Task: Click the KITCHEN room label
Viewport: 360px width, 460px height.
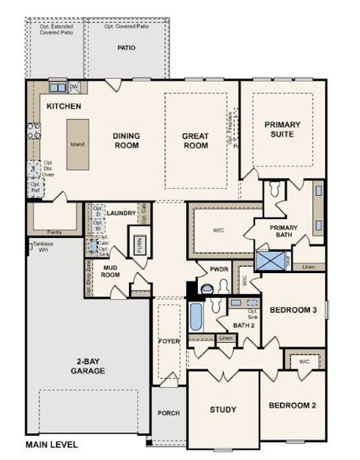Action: (64, 107)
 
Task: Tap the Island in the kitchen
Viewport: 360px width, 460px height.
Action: (77, 144)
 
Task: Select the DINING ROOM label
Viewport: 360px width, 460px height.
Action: (127, 140)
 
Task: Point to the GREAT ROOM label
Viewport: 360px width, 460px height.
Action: (195, 140)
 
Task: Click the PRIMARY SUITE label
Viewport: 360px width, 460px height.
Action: (283, 129)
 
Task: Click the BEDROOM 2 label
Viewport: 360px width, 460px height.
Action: (292, 406)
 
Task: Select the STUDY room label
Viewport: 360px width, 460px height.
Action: (223, 410)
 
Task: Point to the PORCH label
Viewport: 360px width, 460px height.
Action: (168, 413)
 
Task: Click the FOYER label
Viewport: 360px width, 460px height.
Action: (169, 341)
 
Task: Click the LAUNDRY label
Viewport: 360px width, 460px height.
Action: (121, 213)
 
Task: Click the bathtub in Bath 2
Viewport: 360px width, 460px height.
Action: (196, 317)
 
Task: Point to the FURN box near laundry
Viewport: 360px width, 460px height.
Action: (139, 245)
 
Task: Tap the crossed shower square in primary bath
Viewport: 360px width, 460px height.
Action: (266, 261)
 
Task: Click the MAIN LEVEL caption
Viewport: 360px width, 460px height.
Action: (51, 445)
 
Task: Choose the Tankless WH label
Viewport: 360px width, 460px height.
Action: (43, 248)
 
